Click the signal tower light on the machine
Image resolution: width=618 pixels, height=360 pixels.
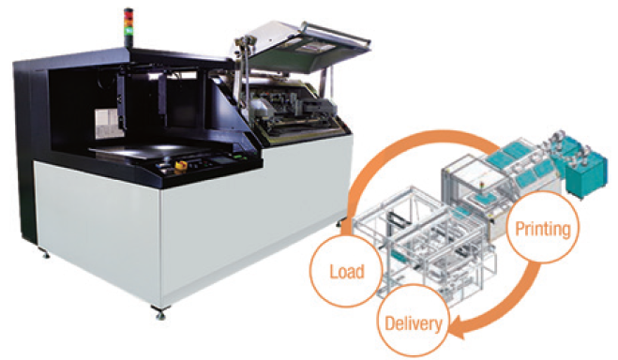[128, 27]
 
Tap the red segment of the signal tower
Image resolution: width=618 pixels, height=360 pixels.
[128, 14]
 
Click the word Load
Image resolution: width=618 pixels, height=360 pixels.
[347, 272]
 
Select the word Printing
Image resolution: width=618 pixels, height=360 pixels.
[543, 229]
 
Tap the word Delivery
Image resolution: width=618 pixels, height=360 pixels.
[414, 323]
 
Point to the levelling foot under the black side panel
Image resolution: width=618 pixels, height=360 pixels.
[44, 252]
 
